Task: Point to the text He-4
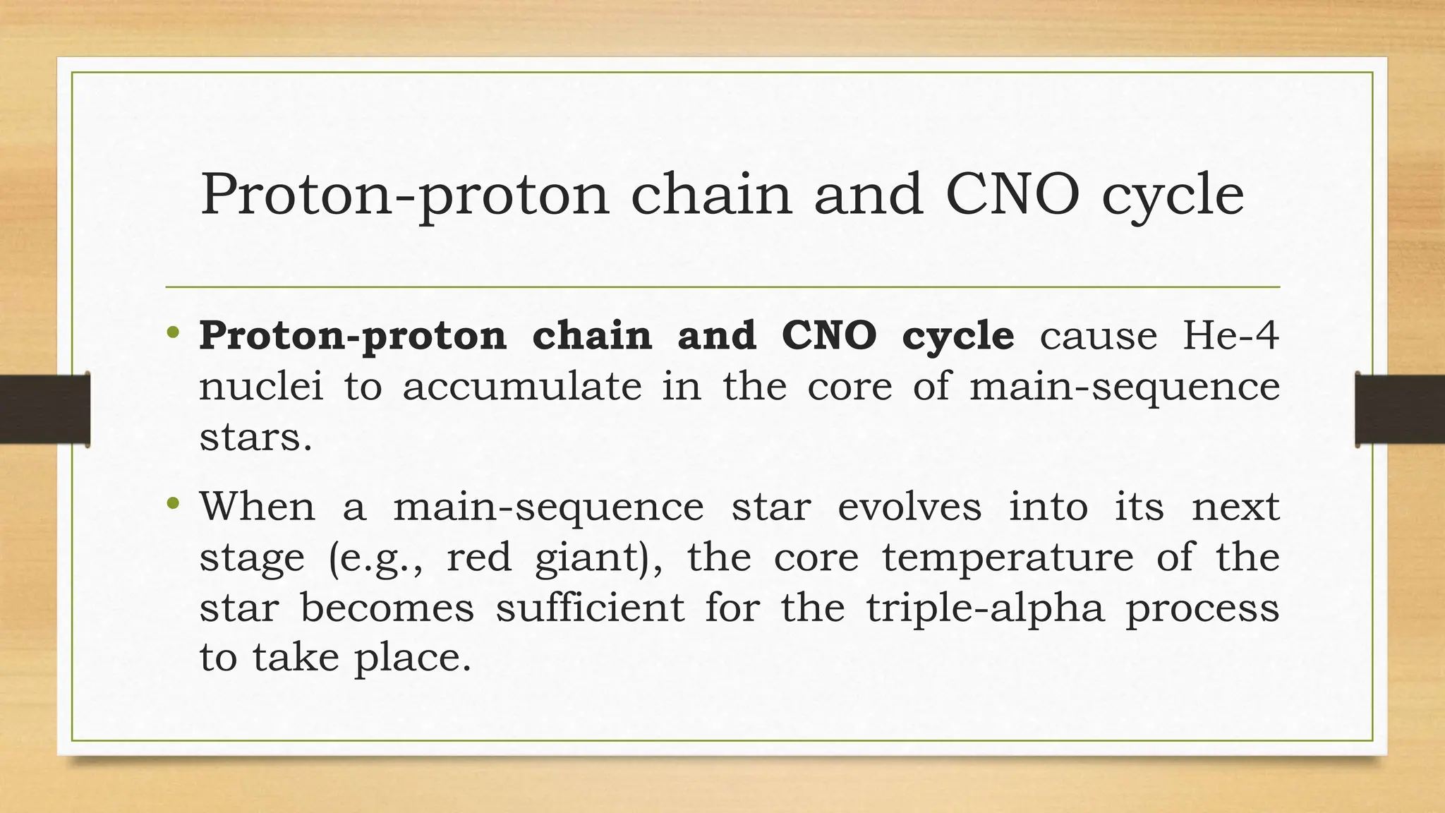click(1231, 335)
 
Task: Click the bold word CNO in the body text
click(829, 335)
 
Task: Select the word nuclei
click(261, 386)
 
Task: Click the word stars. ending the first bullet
click(255, 438)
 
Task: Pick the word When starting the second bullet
click(257, 506)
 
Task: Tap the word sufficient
click(590, 608)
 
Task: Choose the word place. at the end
click(412, 658)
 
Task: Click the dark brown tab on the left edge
click(44, 409)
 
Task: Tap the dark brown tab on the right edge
click(1400, 409)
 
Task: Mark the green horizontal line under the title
click(722, 287)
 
